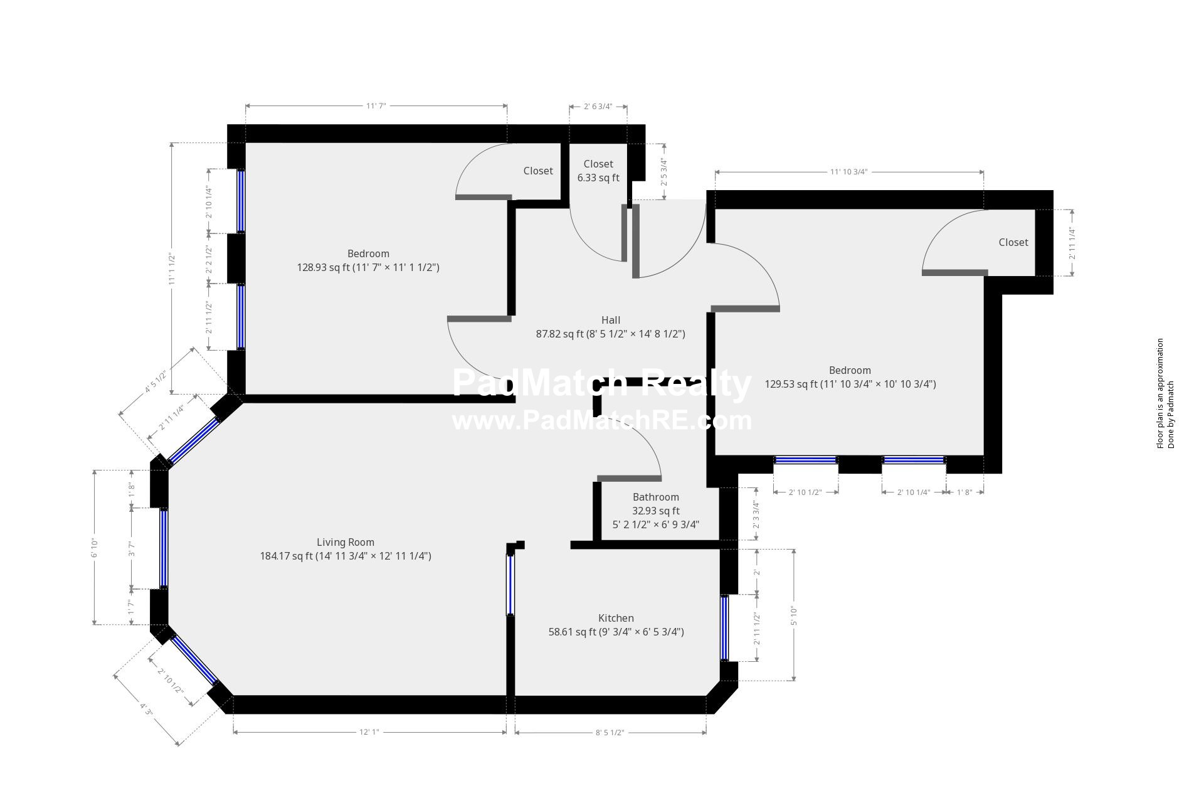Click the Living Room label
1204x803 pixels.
click(345, 543)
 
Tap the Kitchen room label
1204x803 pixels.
click(616, 619)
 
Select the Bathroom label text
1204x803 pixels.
click(655, 497)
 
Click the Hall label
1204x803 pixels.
click(610, 321)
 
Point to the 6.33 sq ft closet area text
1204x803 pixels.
click(598, 178)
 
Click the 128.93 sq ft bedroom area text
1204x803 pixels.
click(368, 268)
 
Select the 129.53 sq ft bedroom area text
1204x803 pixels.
click(850, 385)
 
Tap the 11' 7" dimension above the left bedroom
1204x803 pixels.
click(376, 106)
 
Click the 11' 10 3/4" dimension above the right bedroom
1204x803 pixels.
click(848, 172)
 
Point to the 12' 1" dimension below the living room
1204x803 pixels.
click(369, 732)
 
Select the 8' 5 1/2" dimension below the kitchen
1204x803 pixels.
click(610, 732)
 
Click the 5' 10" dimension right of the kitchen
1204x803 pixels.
click(794, 615)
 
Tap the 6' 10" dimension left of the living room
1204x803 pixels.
click(95, 547)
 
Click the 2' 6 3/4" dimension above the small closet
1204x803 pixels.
click(598, 107)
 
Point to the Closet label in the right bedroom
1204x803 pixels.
click(1013, 243)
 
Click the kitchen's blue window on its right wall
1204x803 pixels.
click(725, 627)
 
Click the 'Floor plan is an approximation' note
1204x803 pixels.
click(1160, 393)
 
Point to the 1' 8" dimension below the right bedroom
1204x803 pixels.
click(964, 492)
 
